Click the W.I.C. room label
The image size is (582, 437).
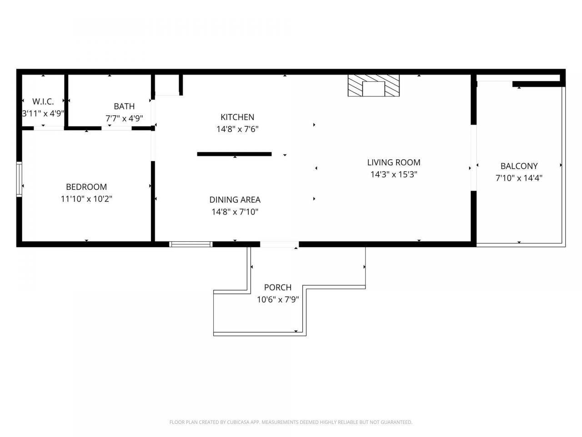point(43,102)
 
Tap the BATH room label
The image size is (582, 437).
point(124,107)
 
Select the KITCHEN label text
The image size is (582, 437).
point(237,117)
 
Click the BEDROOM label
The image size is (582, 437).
point(86,187)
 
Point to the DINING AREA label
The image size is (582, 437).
point(235,200)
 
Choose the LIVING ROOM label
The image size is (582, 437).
point(394,163)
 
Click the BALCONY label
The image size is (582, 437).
point(519,166)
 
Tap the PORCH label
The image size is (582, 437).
point(278,288)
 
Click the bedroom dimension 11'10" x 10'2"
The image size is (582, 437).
point(86,199)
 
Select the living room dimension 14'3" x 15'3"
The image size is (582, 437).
point(394,174)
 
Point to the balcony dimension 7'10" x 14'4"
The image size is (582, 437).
point(519,178)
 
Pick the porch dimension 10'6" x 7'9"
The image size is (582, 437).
point(278,300)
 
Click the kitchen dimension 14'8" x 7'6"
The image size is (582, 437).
point(237,129)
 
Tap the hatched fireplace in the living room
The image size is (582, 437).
point(374,86)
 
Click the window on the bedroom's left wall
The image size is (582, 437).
point(19,179)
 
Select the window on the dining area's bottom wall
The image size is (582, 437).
point(191,244)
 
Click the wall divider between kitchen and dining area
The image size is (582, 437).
point(234,154)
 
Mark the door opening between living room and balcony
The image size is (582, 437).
point(473,158)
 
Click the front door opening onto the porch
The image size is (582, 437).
point(279,244)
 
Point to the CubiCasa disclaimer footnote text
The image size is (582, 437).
point(291,422)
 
